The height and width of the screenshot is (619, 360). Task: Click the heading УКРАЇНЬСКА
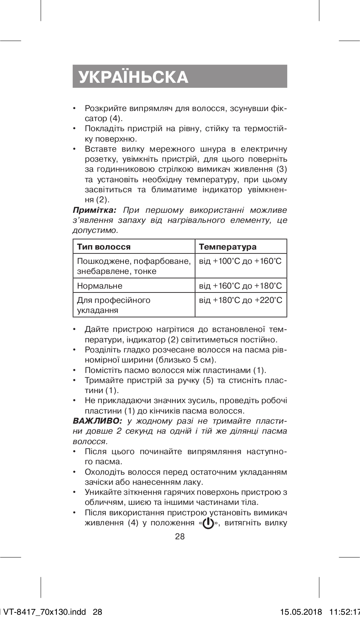[134, 77]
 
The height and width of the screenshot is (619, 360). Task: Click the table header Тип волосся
[104, 247]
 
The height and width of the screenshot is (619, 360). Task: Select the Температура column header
[228, 247]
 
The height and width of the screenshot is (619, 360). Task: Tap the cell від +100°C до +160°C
[240, 261]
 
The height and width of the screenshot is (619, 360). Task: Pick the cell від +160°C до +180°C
[240, 286]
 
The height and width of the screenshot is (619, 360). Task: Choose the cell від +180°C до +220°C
[240, 300]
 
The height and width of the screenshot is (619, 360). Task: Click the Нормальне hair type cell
[100, 286]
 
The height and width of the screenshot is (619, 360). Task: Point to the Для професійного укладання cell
[114, 305]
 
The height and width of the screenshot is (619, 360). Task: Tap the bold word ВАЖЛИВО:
[97, 421]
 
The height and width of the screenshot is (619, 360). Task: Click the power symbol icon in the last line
[208, 524]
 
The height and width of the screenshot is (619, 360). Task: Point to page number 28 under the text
[180, 537]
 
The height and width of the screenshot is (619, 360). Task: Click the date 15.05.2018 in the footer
[301, 612]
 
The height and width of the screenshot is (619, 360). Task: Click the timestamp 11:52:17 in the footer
[345, 612]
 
